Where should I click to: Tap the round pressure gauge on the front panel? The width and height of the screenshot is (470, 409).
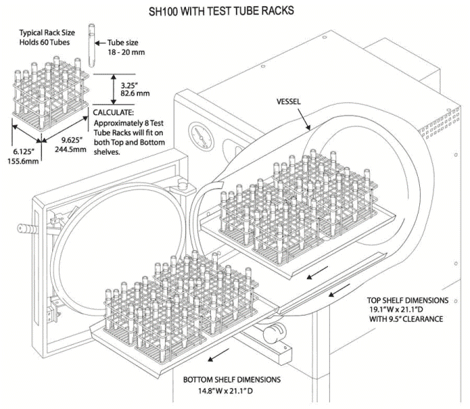point(201,132)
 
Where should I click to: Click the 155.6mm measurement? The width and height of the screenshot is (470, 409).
point(24,158)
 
